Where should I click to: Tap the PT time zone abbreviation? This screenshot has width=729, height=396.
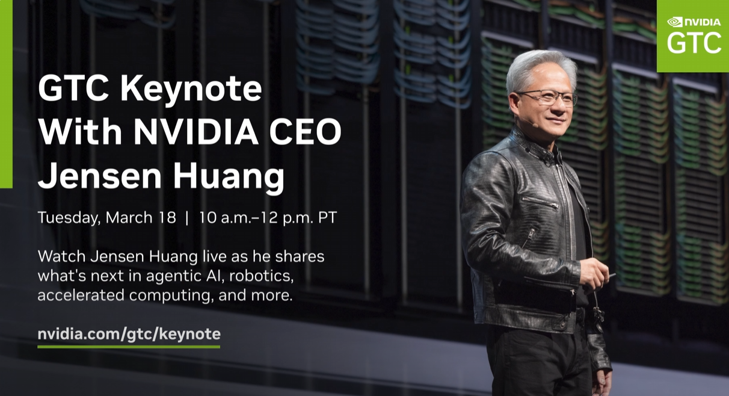[x=327, y=218]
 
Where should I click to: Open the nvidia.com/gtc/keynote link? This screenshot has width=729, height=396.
[x=129, y=334]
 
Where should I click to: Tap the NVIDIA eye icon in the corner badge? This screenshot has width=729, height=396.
[x=675, y=22]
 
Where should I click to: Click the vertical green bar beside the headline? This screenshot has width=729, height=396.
[x=6, y=93]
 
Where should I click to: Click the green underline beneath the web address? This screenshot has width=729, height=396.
[x=129, y=347]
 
